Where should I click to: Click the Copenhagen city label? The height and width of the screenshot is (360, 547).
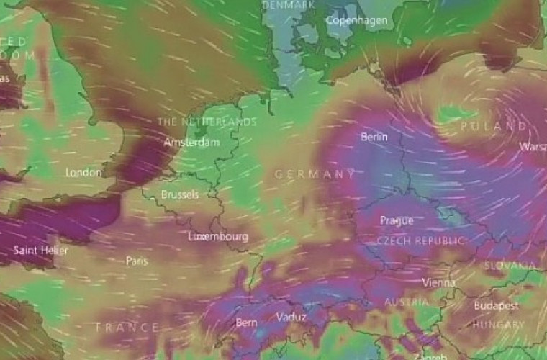pyautogui.click(x=357, y=21)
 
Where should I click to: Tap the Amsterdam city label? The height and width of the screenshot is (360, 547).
pyautogui.click(x=191, y=143)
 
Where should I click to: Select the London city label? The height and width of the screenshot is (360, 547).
pyautogui.click(x=83, y=173)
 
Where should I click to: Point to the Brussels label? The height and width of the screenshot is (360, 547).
pyautogui.click(x=180, y=195)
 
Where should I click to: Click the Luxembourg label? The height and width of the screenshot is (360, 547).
pyautogui.click(x=218, y=236)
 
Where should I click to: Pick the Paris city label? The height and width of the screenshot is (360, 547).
pyautogui.click(x=137, y=261)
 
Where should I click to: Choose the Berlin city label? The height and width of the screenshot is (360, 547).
pyautogui.click(x=374, y=137)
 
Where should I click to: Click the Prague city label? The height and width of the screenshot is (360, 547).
pyautogui.click(x=397, y=220)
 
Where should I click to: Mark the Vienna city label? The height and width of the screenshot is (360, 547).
pyautogui.click(x=438, y=282)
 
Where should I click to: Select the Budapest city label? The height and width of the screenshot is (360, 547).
pyautogui.click(x=497, y=306)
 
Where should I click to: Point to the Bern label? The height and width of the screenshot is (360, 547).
pyautogui.click(x=246, y=323)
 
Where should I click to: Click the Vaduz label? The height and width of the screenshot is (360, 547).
pyautogui.click(x=291, y=317)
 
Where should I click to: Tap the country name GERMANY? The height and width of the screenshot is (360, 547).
pyautogui.click(x=315, y=174)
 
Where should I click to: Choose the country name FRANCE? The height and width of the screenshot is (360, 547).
pyautogui.click(x=127, y=328)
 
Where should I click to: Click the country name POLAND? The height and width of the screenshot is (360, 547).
pyautogui.click(x=493, y=126)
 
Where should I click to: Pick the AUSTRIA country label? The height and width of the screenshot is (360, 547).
pyautogui.click(x=407, y=302)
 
